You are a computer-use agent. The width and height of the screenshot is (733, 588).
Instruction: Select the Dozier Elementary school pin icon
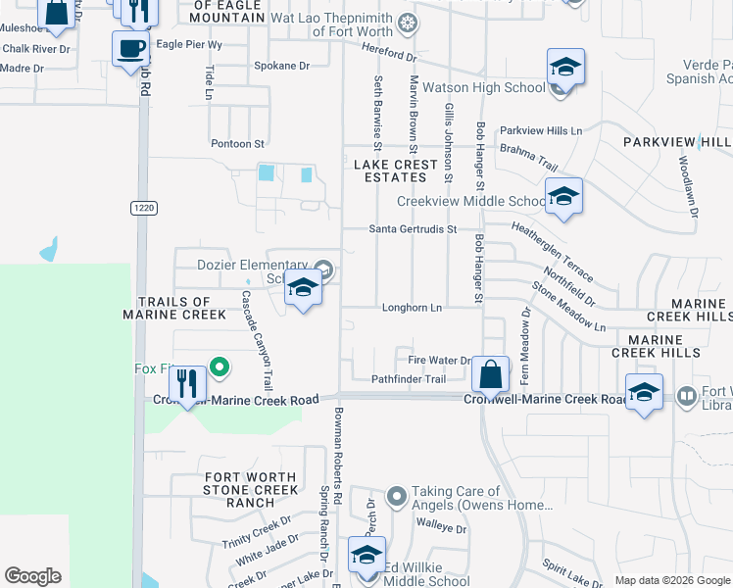[304, 288]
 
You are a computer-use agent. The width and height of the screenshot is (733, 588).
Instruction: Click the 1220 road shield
[141, 207]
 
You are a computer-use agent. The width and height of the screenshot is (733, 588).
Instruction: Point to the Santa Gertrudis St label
[413, 229]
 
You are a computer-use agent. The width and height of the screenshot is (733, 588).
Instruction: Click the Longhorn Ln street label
[412, 308]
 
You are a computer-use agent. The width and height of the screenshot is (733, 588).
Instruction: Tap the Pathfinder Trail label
[409, 379]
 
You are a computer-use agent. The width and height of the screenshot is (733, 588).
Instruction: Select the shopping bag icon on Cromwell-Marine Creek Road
[491, 373]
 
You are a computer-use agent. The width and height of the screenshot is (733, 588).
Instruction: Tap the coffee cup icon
[130, 47]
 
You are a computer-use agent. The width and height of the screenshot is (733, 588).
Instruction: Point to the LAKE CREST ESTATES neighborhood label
[397, 171]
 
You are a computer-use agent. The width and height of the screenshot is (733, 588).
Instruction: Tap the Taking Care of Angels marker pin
[396, 497]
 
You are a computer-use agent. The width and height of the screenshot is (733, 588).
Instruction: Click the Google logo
[32, 576]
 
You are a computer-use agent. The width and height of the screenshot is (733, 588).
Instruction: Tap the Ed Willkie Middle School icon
[366, 555]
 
